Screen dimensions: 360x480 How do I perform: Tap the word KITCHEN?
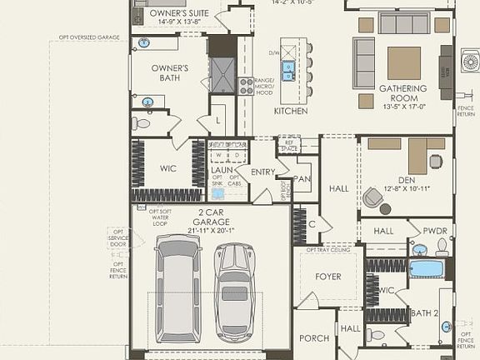(x=291, y=111)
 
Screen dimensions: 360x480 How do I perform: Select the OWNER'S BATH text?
(x=169, y=72)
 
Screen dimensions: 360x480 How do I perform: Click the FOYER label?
(x=327, y=276)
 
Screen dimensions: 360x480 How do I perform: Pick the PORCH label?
(x=314, y=338)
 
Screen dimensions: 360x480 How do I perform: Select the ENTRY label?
(x=262, y=172)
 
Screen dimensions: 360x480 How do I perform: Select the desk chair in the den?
(x=371, y=197)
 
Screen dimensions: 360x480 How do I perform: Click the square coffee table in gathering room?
(x=404, y=62)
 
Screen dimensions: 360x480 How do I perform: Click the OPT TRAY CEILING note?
(x=327, y=249)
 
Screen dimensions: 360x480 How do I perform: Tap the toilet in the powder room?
(x=442, y=247)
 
